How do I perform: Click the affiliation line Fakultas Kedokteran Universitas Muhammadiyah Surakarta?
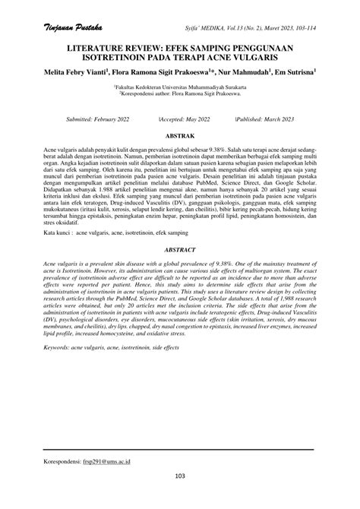[179, 88]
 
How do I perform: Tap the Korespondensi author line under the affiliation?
[179, 96]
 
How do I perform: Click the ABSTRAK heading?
[180, 134]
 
